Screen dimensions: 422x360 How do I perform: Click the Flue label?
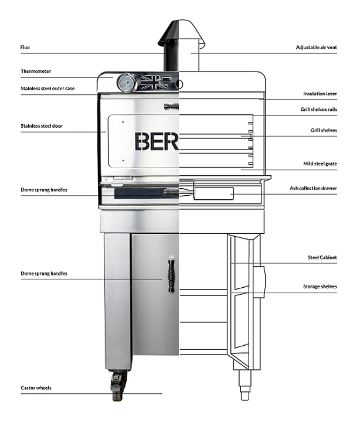coord(25,46)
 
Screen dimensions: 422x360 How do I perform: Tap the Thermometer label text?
coord(35,71)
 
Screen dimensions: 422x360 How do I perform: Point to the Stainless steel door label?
coord(41,125)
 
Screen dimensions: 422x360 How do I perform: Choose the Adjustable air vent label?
coord(316,46)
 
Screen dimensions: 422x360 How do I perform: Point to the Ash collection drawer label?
coord(314,188)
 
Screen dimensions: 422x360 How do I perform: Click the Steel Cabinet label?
coord(322,257)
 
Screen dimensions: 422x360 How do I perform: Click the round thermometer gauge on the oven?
coord(127,83)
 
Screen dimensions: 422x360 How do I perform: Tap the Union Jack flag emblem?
coord(157,80)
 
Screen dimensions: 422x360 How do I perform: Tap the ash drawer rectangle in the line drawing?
coord(213,193)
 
